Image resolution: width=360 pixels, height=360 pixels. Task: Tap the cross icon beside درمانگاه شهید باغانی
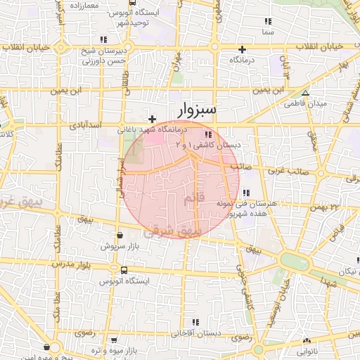click(x=153, y=120)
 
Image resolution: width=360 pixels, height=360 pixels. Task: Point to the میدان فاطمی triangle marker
click(x=304, y=93)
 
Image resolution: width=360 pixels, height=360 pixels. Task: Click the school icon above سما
click(x=266, y=22)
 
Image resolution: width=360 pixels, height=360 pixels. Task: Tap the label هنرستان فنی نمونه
click(x=249, y=203)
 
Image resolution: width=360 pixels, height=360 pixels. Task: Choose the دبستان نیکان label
click(x=343, y=271)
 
